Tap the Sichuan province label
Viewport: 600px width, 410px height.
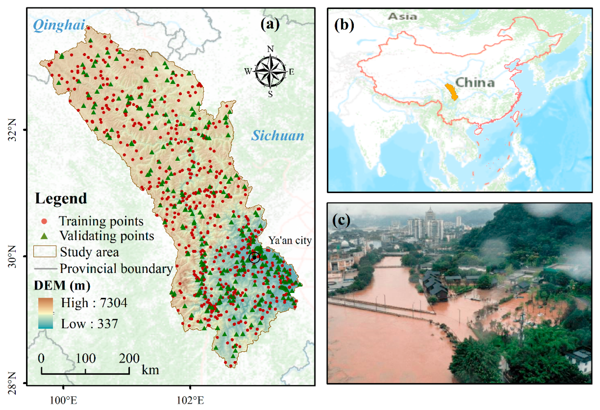(x=278, y=136)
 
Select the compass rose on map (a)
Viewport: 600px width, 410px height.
(x=270, y=71)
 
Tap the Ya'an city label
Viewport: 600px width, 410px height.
(x=290, y=240)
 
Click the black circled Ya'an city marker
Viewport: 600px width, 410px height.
(x=254, y=257)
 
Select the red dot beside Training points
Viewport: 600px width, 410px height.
(x=44, y=221)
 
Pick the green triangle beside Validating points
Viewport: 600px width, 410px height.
(x=44, y=236)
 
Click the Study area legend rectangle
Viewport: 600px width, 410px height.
(x=45, y=251)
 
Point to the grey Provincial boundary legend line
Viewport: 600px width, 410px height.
(x=45, y=269)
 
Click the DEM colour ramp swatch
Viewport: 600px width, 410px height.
(x=45, y=313)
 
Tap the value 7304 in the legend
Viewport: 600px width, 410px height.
(x=114, y=303)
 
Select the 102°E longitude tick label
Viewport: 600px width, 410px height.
(x=190, y=400)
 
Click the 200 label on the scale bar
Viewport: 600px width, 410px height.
(x=129, y=358)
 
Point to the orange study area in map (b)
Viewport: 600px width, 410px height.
(x=452, y=92)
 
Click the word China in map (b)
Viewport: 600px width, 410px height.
(x=475, y=83)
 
